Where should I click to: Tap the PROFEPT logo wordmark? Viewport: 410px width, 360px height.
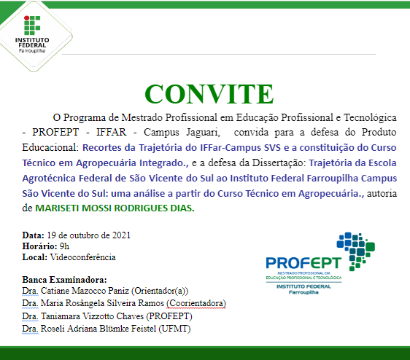point(298,263)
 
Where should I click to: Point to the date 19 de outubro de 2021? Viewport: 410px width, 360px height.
point(88,235)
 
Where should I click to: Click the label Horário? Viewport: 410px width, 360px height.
point(40,246)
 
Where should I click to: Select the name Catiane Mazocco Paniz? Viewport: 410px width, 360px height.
point(93,291)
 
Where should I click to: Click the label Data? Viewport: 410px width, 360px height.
point(33,235)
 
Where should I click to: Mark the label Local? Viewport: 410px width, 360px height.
point(35,257)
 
